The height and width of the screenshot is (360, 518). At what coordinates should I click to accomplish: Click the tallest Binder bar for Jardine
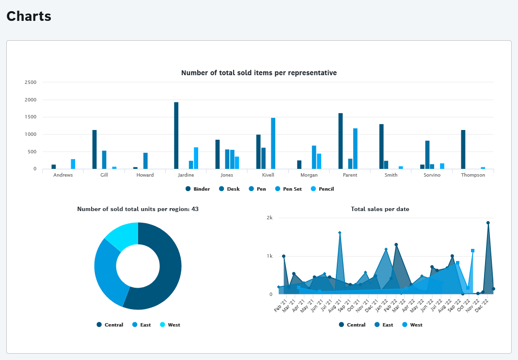pos(176,136)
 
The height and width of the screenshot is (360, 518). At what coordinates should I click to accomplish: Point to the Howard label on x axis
pos(145,175)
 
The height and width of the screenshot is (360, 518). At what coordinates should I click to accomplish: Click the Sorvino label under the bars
pos(432,175)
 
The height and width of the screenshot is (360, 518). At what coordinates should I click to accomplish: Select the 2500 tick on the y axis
pos(31,82)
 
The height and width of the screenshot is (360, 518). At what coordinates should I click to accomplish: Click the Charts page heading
pos(29,16)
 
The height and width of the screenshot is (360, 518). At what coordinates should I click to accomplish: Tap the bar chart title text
pos(259,73)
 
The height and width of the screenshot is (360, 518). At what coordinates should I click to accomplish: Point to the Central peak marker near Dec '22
pos(488,223)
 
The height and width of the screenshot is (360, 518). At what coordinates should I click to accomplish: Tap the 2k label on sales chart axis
pos(269,218)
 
